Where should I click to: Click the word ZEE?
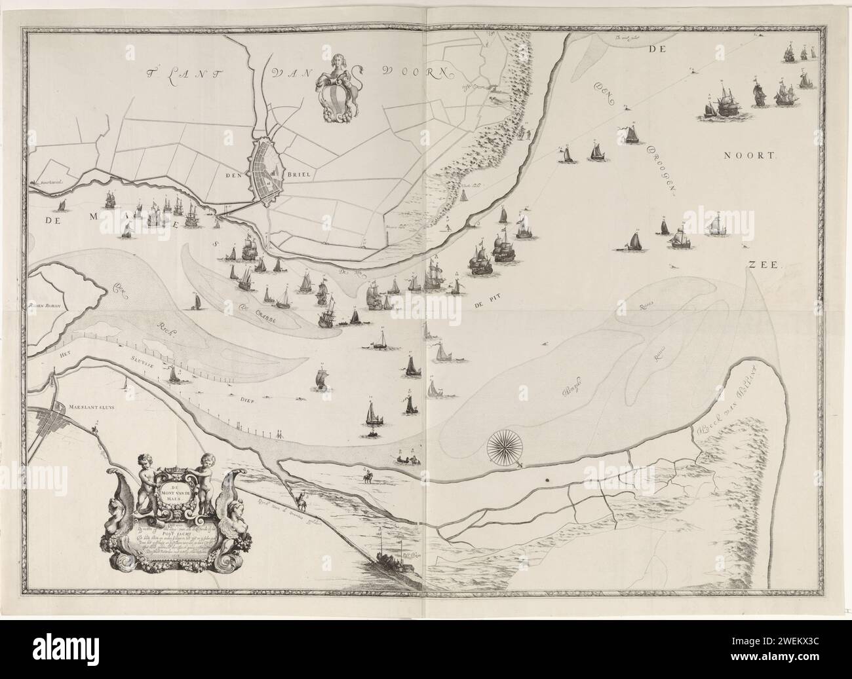point(760,265)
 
